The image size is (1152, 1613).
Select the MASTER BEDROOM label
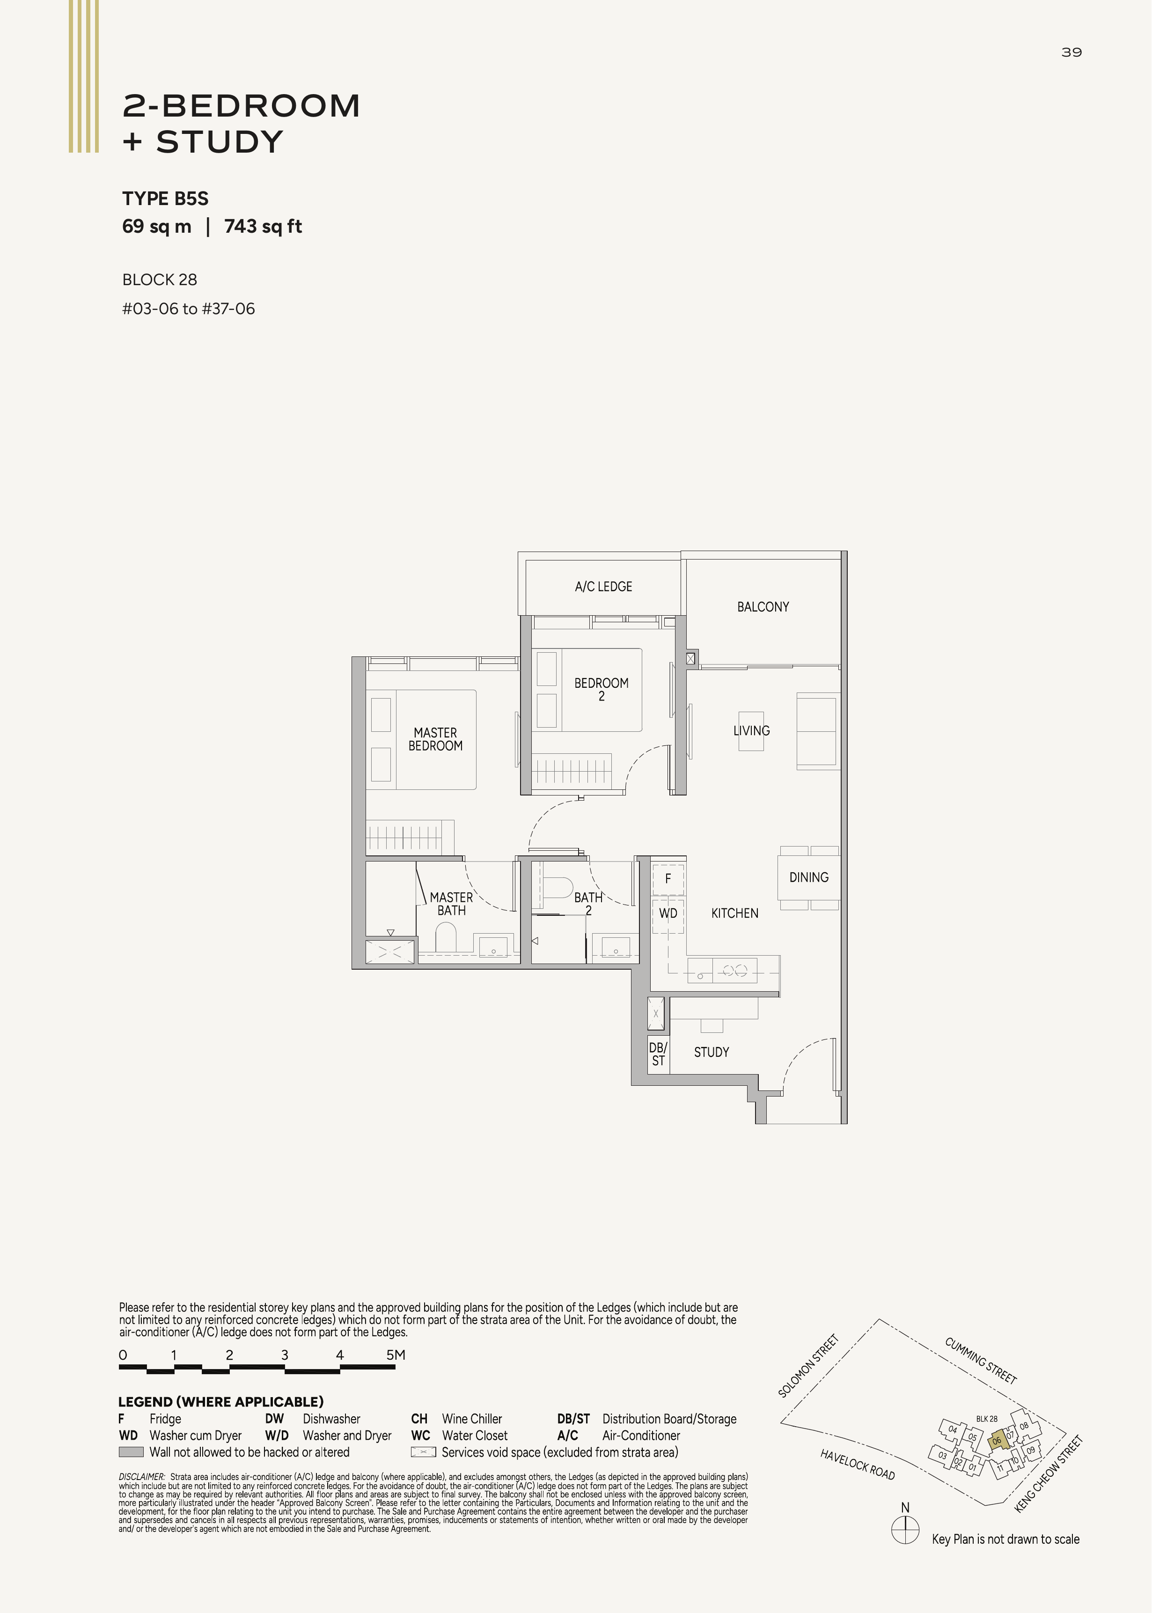point(435,739)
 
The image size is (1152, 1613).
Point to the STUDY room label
point(712,1052)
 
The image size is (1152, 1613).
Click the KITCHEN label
point(735,913)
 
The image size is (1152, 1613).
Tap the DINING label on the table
point(809,877)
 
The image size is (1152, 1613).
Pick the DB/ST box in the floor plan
point(658,1054)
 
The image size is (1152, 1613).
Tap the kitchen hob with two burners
point(735,970)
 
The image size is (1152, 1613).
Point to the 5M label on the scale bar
point(396,1355)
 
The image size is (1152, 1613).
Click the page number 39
point(1071,52)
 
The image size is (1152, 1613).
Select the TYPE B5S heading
point(165,199)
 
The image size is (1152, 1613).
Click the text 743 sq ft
point(263,226)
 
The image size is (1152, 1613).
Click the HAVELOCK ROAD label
point(858,1465)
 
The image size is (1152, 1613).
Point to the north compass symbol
point(905,1529)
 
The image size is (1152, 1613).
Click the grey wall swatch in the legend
point(131,1452)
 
